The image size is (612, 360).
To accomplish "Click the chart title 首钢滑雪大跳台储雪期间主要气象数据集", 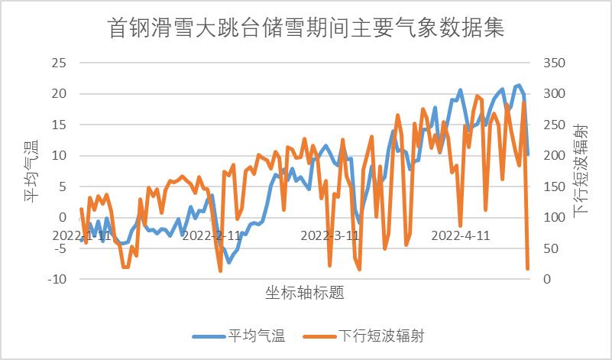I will pos(306,28).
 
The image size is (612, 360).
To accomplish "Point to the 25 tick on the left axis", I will pos(58,63).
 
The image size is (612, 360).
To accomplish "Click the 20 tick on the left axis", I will pos(58,94).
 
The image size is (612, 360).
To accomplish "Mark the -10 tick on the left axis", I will pos(56,280).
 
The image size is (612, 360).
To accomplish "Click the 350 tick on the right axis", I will pos(554,63).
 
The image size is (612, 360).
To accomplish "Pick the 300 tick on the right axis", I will pos(554,94).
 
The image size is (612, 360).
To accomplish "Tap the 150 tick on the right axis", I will pos(554,186).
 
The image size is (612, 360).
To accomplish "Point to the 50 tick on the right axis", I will pos(551,248).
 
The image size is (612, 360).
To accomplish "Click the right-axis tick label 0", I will pos(548,280).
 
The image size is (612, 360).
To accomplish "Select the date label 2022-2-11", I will pos(212,235).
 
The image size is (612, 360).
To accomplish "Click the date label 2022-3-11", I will pos(331,235).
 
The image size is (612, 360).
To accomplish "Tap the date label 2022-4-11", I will pos(461,235).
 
